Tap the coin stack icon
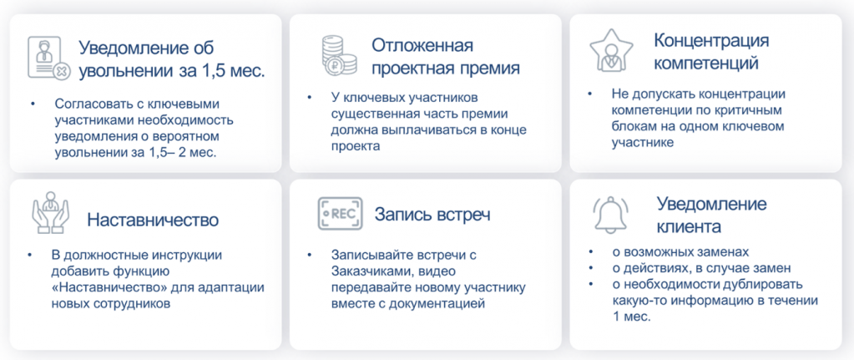coord(338,56)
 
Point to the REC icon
coord(340,214)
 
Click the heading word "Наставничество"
coord(153,220)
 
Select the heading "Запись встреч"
coord(432,214)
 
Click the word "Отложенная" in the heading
coord(422,45)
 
